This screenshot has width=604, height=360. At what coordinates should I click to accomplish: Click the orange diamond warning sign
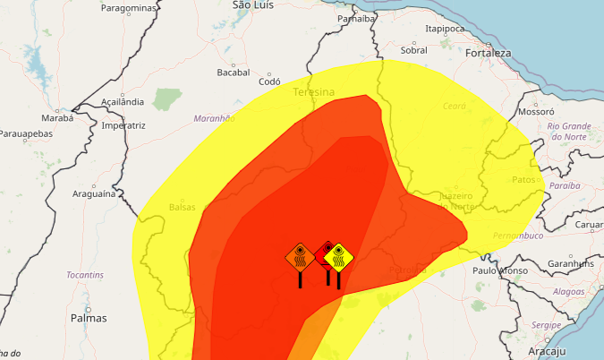click(x=300, y=258)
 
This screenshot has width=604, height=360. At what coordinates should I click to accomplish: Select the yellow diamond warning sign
click(x=339, y=258)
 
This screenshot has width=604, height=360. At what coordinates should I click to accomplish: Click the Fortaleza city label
click(x=488, y=53)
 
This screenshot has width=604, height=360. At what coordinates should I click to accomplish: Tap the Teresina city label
click(x=313, y=92)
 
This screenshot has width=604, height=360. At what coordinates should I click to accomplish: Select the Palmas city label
click(x=89, y=318)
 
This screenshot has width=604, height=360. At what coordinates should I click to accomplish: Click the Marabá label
click(x=57, y=117)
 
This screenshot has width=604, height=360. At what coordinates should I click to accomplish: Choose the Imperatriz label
click(x=123, y=125)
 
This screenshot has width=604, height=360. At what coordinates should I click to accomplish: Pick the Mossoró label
click(x=537, y=113)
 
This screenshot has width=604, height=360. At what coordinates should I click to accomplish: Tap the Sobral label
click(x=413, y=50)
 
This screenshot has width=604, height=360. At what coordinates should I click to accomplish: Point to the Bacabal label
click(x=233, y=73)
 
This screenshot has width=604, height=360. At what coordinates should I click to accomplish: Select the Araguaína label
click(x=95, y=193)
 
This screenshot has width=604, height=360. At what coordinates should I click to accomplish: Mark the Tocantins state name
click(x=86, y=274)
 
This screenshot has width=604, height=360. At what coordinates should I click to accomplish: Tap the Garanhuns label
click(x=571, y=264)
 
